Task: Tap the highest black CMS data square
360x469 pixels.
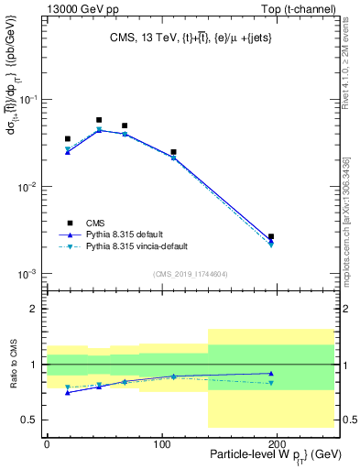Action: coord(99,120)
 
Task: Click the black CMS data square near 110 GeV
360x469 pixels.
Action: coord(173,152)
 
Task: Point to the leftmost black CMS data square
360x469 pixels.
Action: coord(68,139)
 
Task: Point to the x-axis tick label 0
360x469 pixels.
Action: coord(47,442)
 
